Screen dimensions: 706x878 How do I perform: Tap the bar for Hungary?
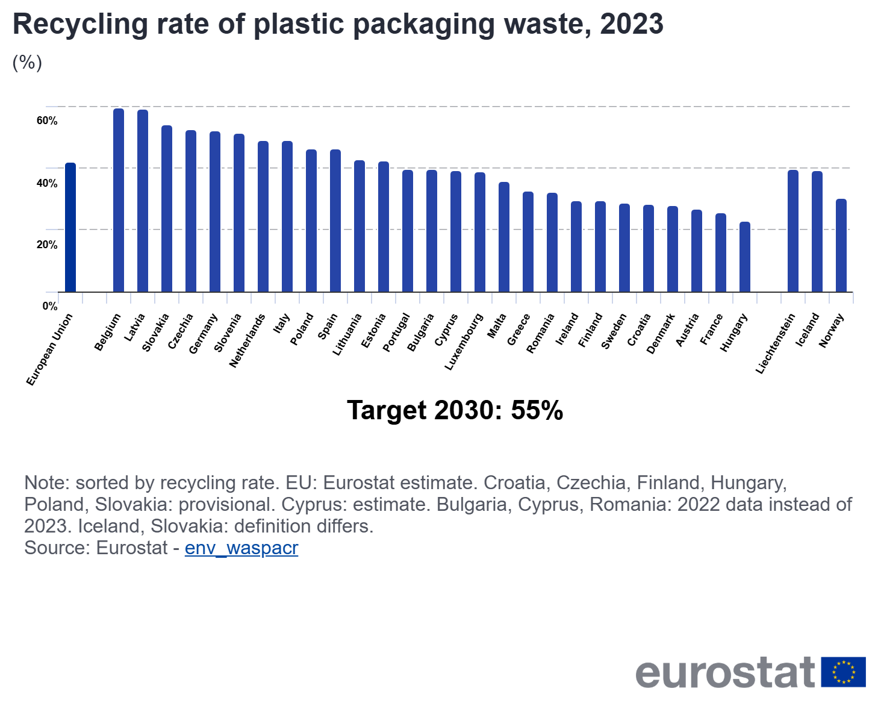[x=745, y=257]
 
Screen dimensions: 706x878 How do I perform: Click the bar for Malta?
[x=504, y=237]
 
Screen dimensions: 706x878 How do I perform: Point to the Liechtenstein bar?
[x=793, y=231]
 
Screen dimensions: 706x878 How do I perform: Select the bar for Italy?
[x=287, y=217]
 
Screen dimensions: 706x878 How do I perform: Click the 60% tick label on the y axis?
[x=47, y=121]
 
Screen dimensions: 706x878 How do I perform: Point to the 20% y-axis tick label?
[x=47, y=245]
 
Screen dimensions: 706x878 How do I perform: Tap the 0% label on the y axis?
[x=50, y=306]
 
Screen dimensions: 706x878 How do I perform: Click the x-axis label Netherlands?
[x=248, y=340]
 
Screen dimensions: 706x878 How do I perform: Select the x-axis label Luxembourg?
[x=464, y=342]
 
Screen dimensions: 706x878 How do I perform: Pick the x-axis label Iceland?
[x=808, y=330]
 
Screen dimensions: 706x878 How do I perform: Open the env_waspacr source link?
[x=241, y=548]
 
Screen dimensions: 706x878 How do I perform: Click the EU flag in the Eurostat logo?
[x=844, y=672]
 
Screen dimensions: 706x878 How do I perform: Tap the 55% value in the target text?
[x=537, y=410]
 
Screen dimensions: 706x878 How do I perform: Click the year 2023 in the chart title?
[x=632, y=24]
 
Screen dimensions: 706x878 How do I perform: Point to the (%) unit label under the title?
[x=27, y=62]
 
